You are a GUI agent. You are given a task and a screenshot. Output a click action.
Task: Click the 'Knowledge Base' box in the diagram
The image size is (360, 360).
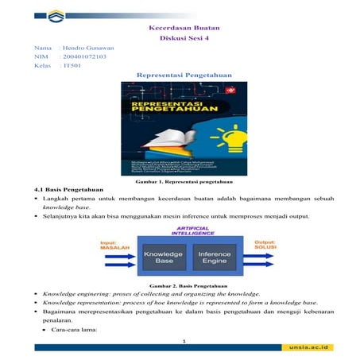click(x=163, y=257)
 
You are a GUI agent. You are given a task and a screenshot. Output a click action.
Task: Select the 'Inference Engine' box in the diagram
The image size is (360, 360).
click(x=213, y=257)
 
